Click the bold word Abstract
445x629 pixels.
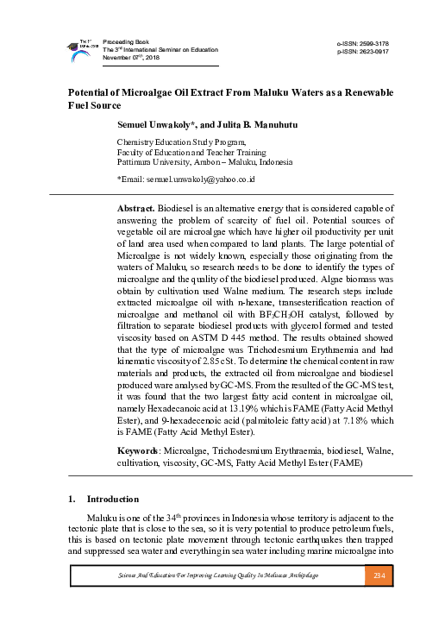pos(135,208)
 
